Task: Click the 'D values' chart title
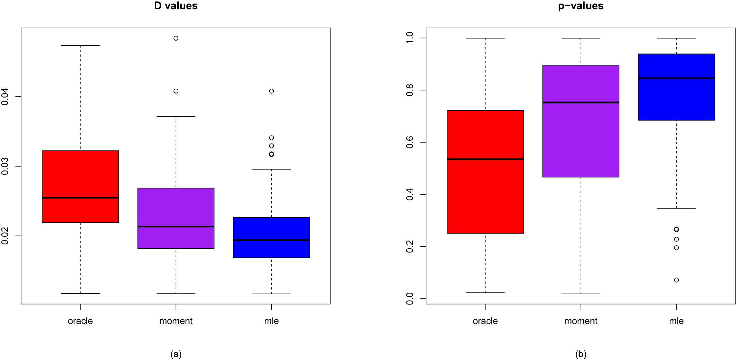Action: click(x=176, y=6)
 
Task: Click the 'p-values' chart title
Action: click(x=580, y=6)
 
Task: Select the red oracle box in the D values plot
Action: click(x=80, y=186)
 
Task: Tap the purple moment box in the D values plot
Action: click(x=176, y=218)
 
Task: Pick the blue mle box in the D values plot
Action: click(x=271, y=237)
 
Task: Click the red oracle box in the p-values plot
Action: click(x=485, y=172)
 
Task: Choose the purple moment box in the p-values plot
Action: click(x=581, y=121)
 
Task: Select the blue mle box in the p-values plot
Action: click(x=676, y=87)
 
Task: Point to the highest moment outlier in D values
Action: click(x=176, y=38)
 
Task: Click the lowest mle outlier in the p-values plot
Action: click(x=677, y=280)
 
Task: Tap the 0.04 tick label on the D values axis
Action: click(x=5, y=97)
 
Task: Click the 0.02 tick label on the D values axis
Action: click(x=5, y=236)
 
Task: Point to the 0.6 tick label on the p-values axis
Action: click(x=410, y=142)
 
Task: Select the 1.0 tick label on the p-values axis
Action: click(x=410, y=38)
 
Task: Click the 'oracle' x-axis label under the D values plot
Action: click(x=80, y=321)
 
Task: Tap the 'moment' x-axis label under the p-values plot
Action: click(x=581, y=321)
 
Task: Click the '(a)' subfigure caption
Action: click(x=176, y=354)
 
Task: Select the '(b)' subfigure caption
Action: click(x=581, y=354)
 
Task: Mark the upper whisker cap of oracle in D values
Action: click(x=80, y=46)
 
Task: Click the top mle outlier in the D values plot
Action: click(x=272, y=91)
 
